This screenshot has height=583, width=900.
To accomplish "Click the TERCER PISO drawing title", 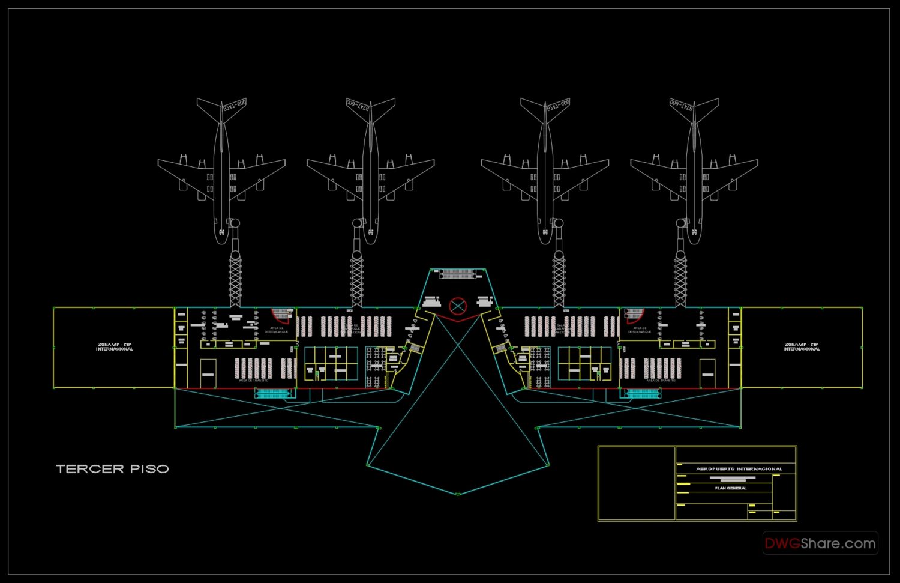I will click(112, 469).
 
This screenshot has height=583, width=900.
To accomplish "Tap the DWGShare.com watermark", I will click(820, 543).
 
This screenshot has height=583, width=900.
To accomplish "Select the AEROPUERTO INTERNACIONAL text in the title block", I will click(739, 468).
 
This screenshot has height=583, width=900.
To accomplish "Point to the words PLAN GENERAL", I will click(731, 488).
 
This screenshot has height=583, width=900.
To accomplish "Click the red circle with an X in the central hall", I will click(458, 306).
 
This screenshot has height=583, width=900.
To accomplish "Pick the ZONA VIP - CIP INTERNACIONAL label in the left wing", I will click(114, 347).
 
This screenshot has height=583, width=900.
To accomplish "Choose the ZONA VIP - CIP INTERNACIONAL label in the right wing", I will click(801, 347).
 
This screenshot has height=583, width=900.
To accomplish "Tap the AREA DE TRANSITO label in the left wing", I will click(253, 381).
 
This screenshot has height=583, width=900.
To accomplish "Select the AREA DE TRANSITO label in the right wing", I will click(661, 381).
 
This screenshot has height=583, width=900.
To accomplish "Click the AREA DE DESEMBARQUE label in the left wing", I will click(277, 330).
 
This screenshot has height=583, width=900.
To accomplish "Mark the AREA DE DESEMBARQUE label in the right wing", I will click(640, 330).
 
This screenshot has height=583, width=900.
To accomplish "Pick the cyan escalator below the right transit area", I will click(643, 394).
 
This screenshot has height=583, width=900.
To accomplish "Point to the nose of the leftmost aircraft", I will click(221, 240).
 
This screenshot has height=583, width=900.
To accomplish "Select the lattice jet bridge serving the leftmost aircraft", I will click(235, 279).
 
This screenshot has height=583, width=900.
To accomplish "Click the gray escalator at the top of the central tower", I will click(458, 274).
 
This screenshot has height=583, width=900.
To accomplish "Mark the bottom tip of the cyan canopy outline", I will click(458, 494).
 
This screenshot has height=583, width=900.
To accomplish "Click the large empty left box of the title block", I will click(637, 483).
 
